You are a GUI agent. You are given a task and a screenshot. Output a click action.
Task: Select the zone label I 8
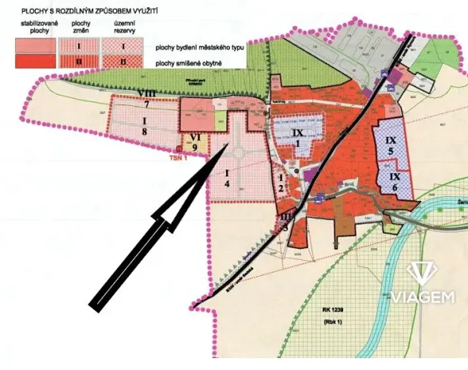point(145,125)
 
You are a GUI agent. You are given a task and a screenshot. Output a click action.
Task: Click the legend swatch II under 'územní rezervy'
point(123,60)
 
